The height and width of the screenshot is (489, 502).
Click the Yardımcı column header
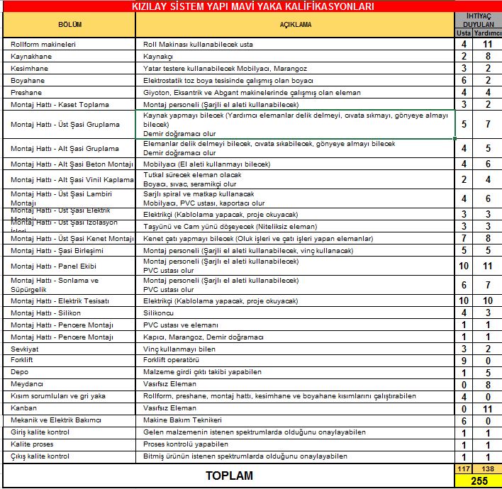[x=488, y=33]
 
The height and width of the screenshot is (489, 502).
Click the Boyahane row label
[x=28, y=80]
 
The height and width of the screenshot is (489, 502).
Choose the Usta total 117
[x=464, y=469]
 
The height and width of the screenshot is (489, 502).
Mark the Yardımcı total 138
[x=488, y=469]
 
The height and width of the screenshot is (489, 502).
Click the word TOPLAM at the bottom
[x=229, y=476]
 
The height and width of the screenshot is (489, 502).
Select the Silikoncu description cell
[x=160, y=313]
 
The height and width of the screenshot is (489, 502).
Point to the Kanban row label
[x=24, y=408]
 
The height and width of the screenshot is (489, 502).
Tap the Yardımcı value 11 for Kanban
[x=488, y=408]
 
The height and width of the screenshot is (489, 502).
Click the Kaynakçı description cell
[x=159, y=56]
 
